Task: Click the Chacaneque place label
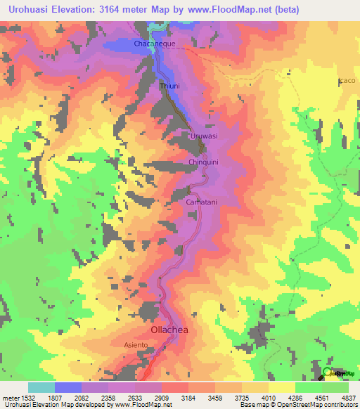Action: pyautogui.click(x=154, y=44)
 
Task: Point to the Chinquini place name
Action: pyautogui.click(x=206, y=162)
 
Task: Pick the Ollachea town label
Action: pyautogui.click(x=172, y=329)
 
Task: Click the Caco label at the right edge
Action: pyautogui.click(x=348, y=81)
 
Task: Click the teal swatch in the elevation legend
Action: pyautogui.click(x=41, y=387)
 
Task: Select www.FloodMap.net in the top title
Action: pyautogui.click(x=224, y=9)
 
